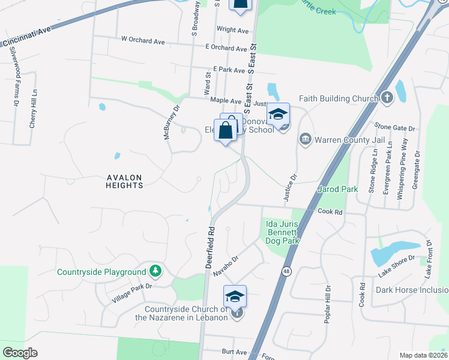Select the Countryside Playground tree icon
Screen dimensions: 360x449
[x=156, y=271]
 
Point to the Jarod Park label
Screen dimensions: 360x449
[x=337, y=190]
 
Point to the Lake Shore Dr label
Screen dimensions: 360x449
[x=396, y=266]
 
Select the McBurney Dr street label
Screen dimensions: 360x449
[x=173, y=123]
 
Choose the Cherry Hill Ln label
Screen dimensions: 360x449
[x=33, y=109]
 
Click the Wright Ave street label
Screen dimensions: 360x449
[x=232, y=30]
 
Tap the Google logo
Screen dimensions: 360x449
[x=20, y=353]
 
